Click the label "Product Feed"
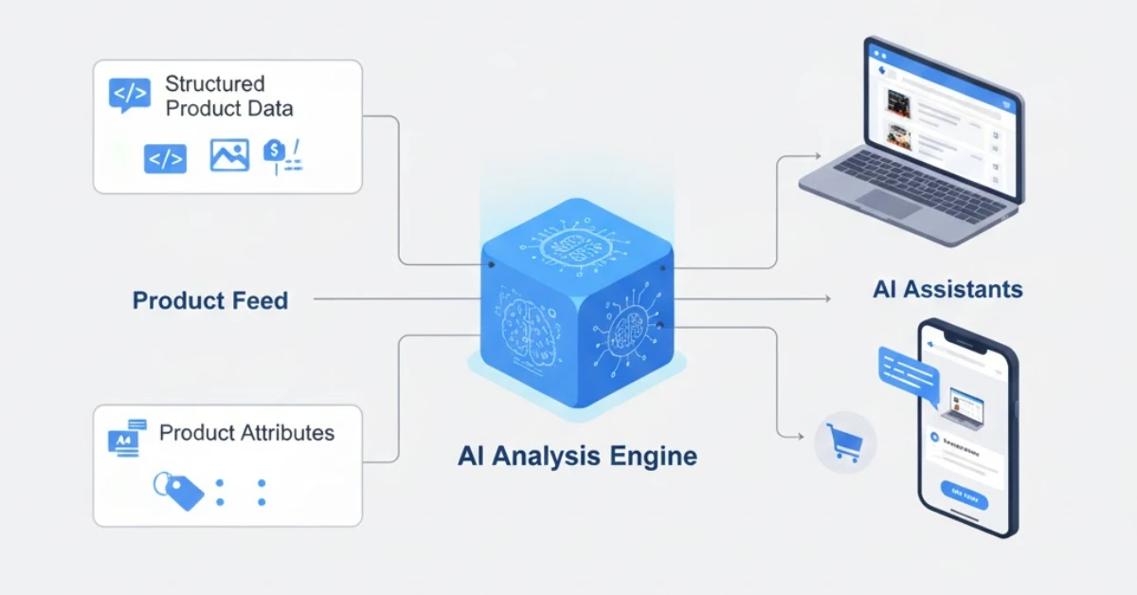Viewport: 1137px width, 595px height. pos(209,301)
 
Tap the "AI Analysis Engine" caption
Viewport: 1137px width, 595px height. pos(577,456)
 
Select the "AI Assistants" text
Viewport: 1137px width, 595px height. pos(947,289)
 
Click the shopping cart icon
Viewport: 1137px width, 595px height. pos(843,442)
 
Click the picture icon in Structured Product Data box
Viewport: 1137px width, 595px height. pos(229,155)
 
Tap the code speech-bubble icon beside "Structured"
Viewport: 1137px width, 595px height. pos(130,95)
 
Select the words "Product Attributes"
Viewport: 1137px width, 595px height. pos(246,433)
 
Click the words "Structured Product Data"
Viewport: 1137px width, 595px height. pos(228,96)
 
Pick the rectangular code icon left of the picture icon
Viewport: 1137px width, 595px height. pos(165,158)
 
